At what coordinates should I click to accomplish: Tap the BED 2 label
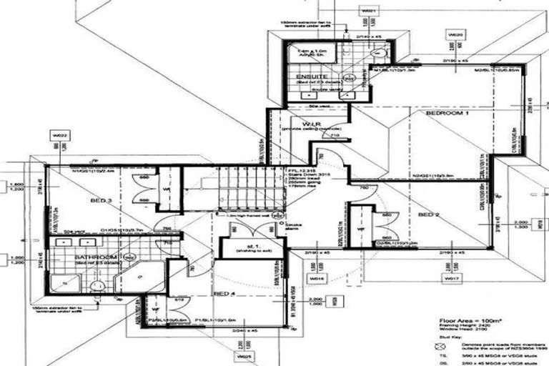pyautogui.click(x=428, y=214)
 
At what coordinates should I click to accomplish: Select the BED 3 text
pyautogui.click(x=100, y=202)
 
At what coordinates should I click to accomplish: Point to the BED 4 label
pyautogui.click(x=224, y=294)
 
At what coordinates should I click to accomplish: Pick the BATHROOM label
pyautogui.click(x=95, y=257)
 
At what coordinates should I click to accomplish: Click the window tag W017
pyautogui.click(x=451, y=276)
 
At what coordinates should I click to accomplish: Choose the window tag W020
pyautogui.click(x=455, y=34)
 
